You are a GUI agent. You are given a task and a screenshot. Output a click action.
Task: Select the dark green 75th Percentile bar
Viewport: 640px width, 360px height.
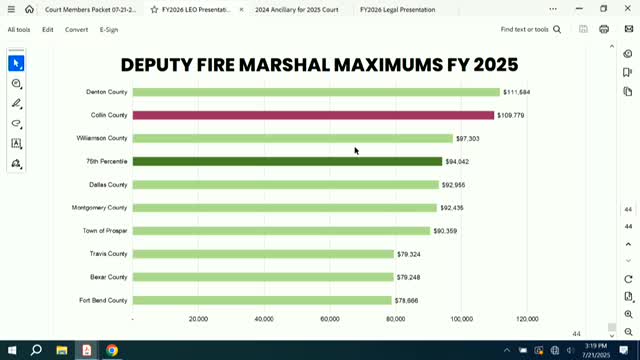click(x=287, y=161)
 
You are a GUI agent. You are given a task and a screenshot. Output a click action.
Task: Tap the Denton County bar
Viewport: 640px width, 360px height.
click(x=316, y=92)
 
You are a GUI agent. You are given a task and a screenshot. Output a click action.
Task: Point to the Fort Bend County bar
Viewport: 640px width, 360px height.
click(x=262, y=300)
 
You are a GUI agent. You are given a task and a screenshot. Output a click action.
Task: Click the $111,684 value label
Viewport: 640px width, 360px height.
click(x=517, y=92)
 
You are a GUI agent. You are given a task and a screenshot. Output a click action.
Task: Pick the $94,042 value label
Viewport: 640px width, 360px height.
click(x=458, y=161)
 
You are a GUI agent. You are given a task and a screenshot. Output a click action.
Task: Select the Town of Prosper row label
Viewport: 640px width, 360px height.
click(x=105, y=231)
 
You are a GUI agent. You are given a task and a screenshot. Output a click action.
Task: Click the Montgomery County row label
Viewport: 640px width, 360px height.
click(x=100, y=208)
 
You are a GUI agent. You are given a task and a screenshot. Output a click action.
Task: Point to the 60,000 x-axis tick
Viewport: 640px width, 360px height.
click(x=330, y=319)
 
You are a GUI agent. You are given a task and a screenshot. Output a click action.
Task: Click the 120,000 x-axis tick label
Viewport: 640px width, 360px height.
click(x=527, y=319)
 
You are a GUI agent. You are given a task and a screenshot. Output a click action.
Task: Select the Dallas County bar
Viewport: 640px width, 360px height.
click(x=285, y=185)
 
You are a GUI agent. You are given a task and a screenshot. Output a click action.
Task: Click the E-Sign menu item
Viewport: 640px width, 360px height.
click(x=109, y=30)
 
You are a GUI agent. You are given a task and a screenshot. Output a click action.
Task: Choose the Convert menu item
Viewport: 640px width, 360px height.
click(x=77, y=30)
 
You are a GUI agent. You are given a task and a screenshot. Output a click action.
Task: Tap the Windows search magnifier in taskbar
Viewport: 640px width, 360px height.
click(x=36, y=350)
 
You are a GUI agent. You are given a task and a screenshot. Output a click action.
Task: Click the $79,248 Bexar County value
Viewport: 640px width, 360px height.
click(x=408, y=277)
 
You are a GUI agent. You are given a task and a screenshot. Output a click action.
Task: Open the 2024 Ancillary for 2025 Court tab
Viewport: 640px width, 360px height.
click(x=296, y=9)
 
